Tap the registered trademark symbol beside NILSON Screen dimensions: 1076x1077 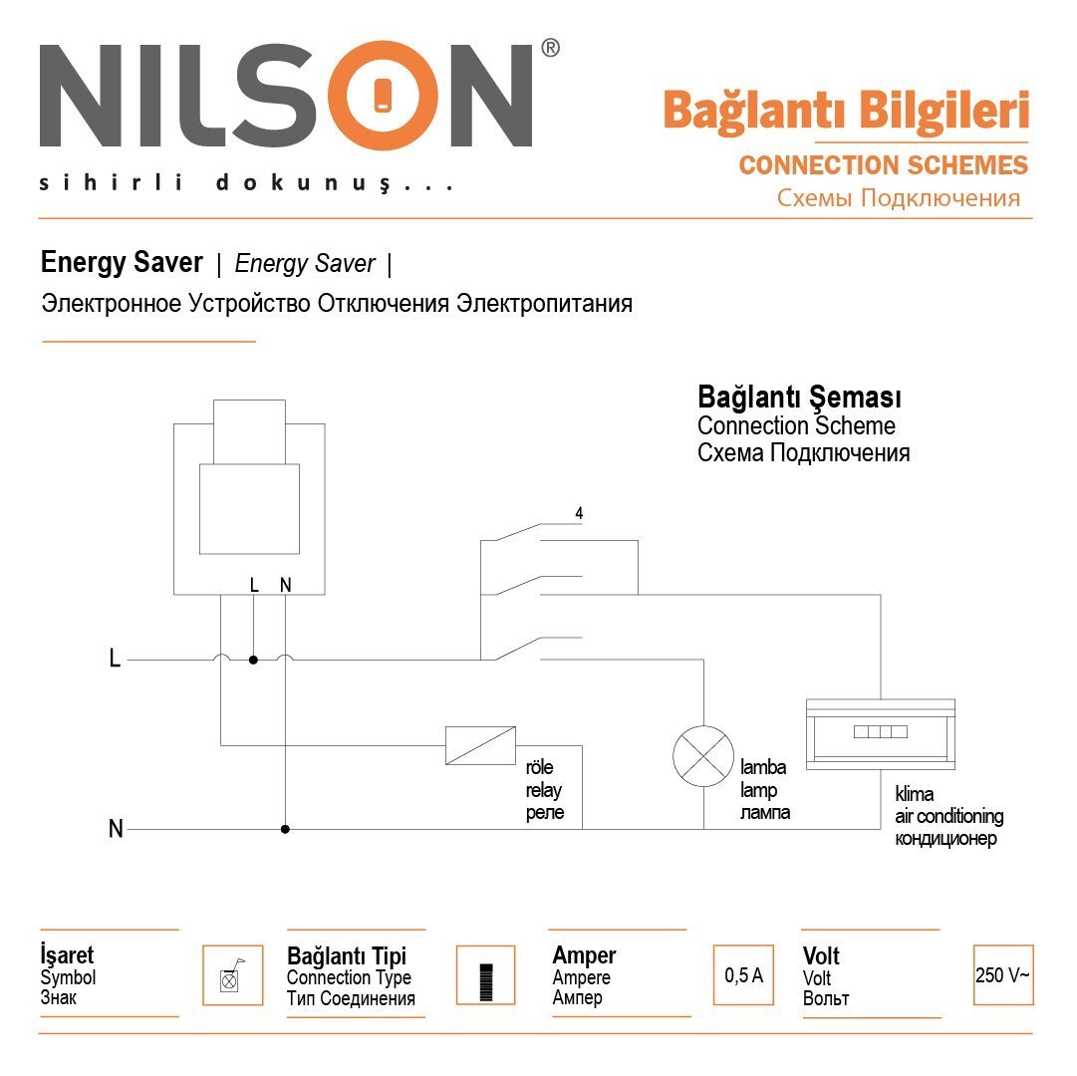click(550, 48)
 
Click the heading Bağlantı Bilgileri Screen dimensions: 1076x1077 click(846, 111)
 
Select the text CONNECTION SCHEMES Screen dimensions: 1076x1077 click(883, 164)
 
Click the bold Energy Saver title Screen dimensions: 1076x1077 click(122, 263)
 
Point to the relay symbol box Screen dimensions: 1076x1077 click(480, 745)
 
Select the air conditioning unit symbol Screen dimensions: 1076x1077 click(881, 733)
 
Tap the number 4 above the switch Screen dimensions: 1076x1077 click(579, 514)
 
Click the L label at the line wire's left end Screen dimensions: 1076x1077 click(115, 660)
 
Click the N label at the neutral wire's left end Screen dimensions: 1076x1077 click(116, 829)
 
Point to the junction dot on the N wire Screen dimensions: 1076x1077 click(285, 829)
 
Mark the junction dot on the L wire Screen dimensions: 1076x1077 click(253, 660)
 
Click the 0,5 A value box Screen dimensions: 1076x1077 click(743, 975)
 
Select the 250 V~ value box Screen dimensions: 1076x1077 click(1002, 975)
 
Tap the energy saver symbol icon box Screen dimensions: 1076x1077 click(232, 975)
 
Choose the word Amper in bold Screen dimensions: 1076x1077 click(584, 956)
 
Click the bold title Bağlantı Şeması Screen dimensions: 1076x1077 click(799, 398)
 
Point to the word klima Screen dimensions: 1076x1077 click(914, 795)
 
